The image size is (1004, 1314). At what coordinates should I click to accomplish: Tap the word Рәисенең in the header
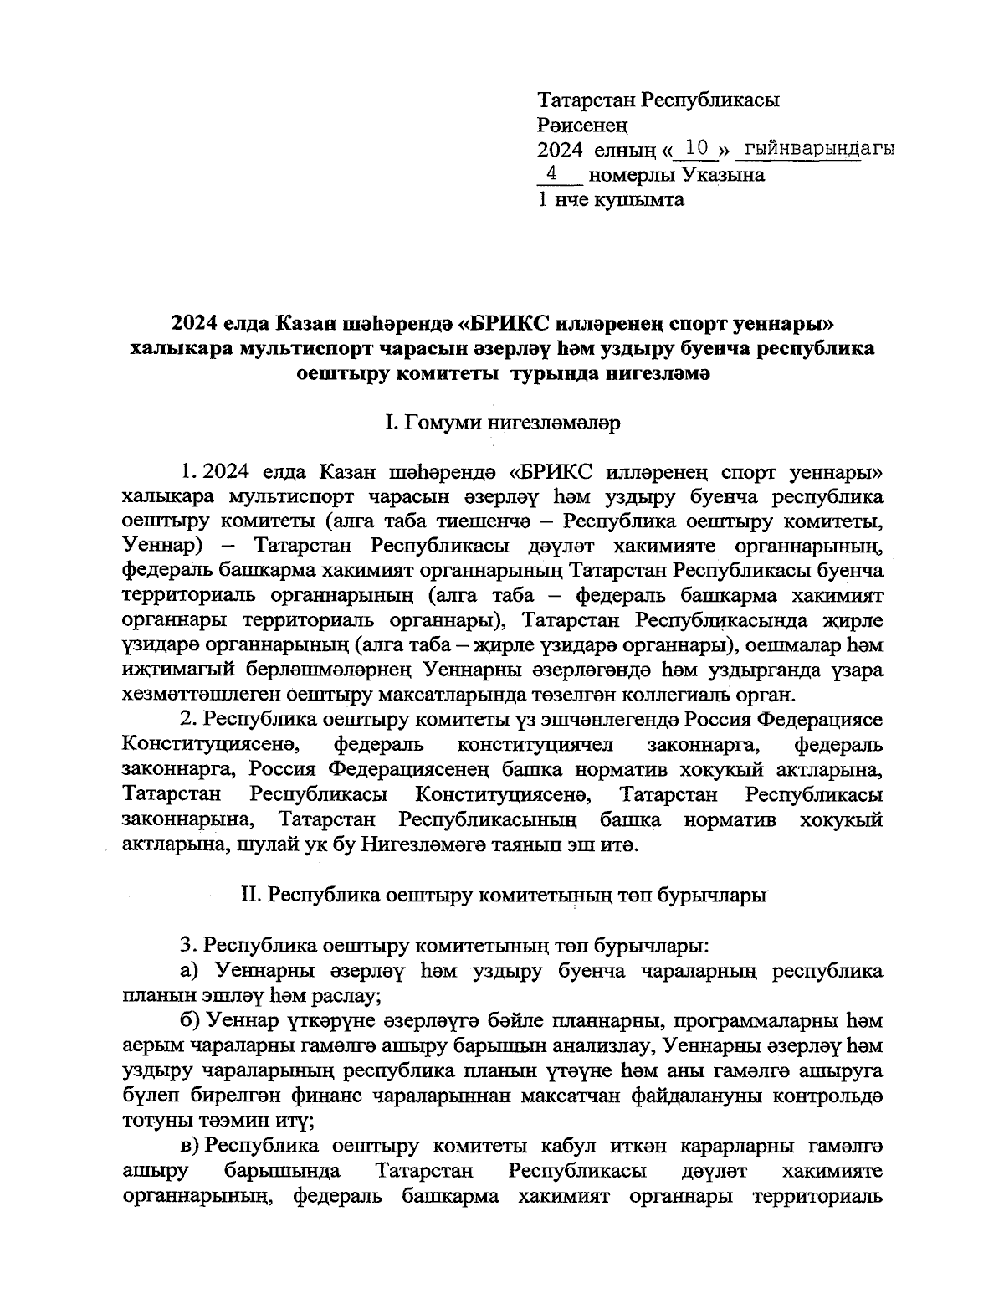pos(582,126)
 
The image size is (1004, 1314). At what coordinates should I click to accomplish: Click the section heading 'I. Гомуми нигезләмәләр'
pos(502,423)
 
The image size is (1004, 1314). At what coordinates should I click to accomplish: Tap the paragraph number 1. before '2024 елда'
pos(188,471)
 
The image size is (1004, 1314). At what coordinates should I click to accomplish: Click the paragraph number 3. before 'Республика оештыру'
pos(188,946)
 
